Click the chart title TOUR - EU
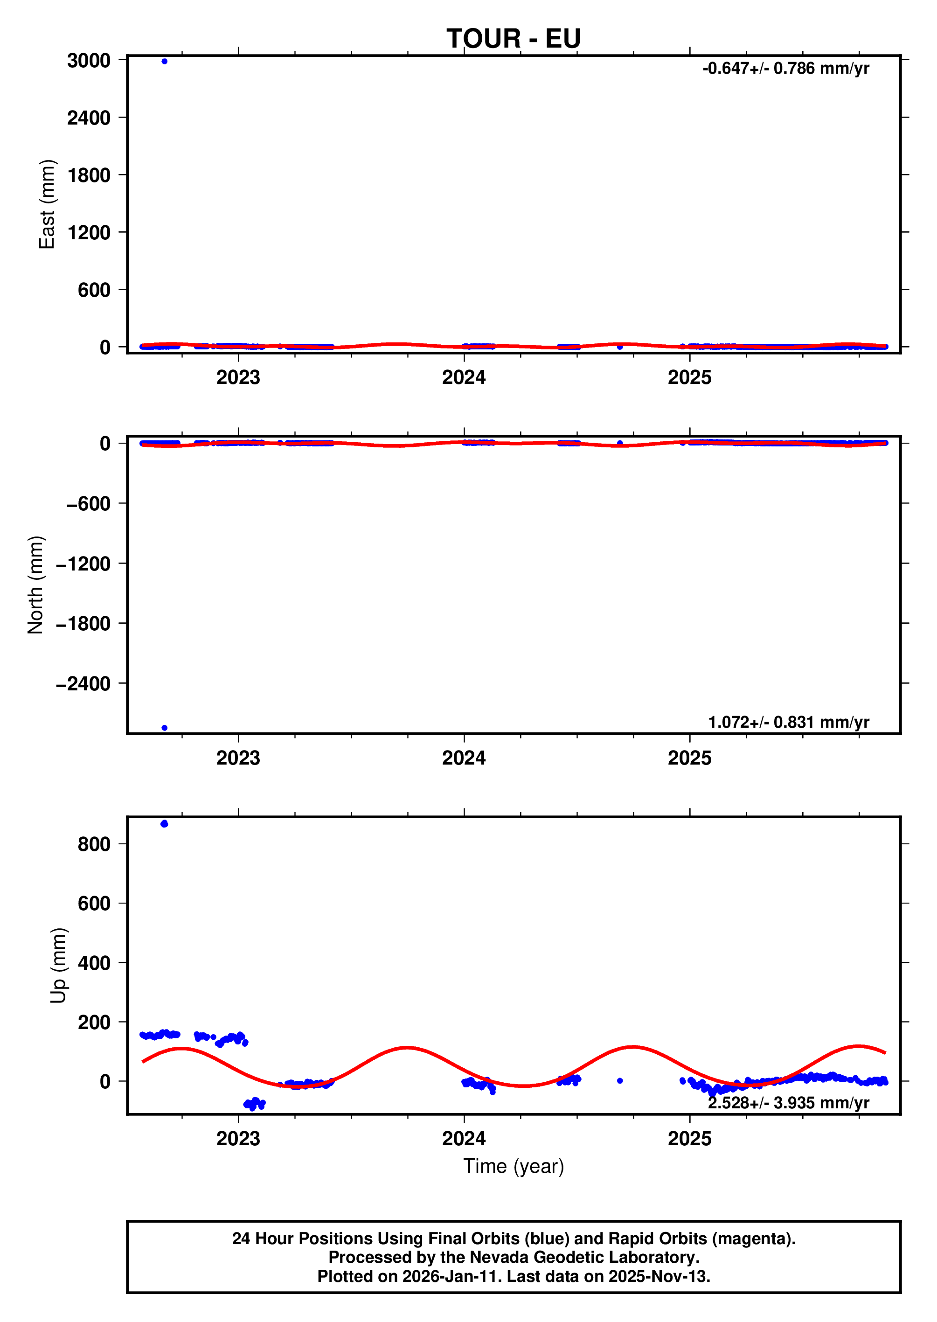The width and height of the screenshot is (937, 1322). (513, 39)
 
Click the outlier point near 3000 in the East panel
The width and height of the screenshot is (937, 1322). (165, 61)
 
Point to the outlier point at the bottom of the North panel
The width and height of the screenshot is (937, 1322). (165, 728)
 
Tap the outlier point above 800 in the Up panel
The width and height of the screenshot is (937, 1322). (165, 823)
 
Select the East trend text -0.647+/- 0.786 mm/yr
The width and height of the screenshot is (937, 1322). (785, 69)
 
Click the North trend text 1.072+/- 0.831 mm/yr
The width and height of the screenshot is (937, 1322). (788, 722)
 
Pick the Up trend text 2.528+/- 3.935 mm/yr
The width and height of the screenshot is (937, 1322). (788, 1103)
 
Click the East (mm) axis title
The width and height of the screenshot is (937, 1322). (47, 204)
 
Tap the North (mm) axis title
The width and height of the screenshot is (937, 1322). (36, 584)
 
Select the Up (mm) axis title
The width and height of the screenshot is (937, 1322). (58, 966)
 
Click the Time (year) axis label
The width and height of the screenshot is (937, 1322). (514, 1166)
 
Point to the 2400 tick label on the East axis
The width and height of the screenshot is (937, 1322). (89, 118)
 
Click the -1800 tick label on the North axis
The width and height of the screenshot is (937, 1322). (83, 624)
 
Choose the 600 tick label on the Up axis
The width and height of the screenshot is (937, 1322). (94, 904)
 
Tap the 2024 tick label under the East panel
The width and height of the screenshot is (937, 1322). (464, 377)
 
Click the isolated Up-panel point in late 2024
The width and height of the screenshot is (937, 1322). (620, 1081)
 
